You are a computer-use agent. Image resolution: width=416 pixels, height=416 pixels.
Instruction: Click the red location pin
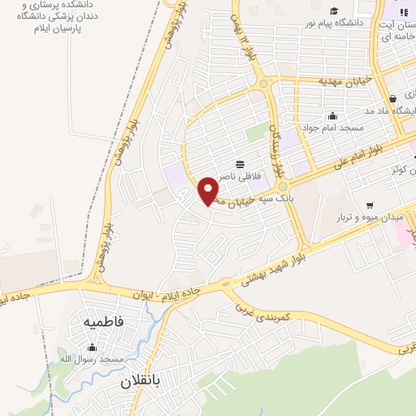pos(209,190)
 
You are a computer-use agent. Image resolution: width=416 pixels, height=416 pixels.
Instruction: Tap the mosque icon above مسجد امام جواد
pos(333,115)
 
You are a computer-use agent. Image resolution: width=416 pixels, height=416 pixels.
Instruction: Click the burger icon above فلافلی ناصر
pos(238,163)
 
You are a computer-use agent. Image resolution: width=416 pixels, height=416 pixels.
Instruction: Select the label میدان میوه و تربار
pos(370,218)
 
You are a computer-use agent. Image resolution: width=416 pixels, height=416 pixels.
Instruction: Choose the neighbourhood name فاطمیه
pos(103,323)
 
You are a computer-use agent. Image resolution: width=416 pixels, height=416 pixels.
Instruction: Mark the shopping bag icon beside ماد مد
pos(393,98)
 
